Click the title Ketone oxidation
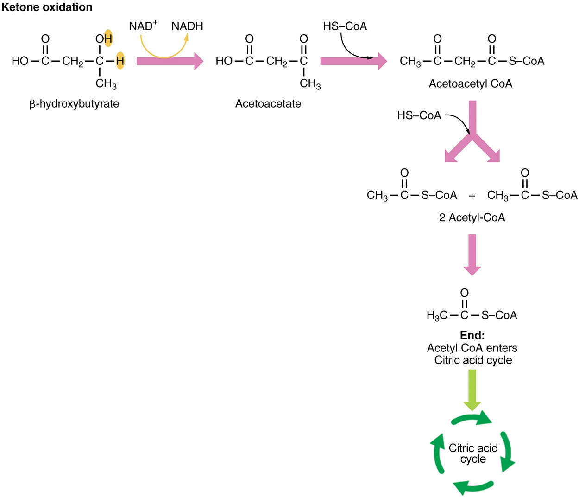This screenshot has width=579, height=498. point(47,7)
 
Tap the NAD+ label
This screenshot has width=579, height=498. point(143,26)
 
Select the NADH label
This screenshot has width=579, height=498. point(187,26)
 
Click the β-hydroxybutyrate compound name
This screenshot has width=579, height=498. point(74,103)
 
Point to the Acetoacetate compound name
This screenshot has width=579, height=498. point(268,103)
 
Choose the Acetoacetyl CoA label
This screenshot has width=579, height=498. point(470,83)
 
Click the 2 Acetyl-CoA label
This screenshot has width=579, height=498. point(472,217)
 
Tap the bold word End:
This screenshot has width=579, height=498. point(472,335)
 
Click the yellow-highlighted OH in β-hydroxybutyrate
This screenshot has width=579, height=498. point(104,38)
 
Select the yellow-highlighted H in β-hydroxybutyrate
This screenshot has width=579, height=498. point(120,61)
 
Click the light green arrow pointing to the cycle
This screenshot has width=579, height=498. point(472,389)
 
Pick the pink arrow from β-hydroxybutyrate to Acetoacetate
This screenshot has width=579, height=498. point(170,61)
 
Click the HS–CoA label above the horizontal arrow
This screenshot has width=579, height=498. point(345,26)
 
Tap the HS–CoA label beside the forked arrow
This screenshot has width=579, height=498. point(419,115)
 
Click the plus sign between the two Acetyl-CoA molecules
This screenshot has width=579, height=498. point(472,196)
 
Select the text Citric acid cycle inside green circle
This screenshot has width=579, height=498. point(473,453)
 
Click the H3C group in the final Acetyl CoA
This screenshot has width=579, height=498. point(436,315)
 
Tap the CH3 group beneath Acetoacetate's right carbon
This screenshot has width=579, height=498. point(310,84)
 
